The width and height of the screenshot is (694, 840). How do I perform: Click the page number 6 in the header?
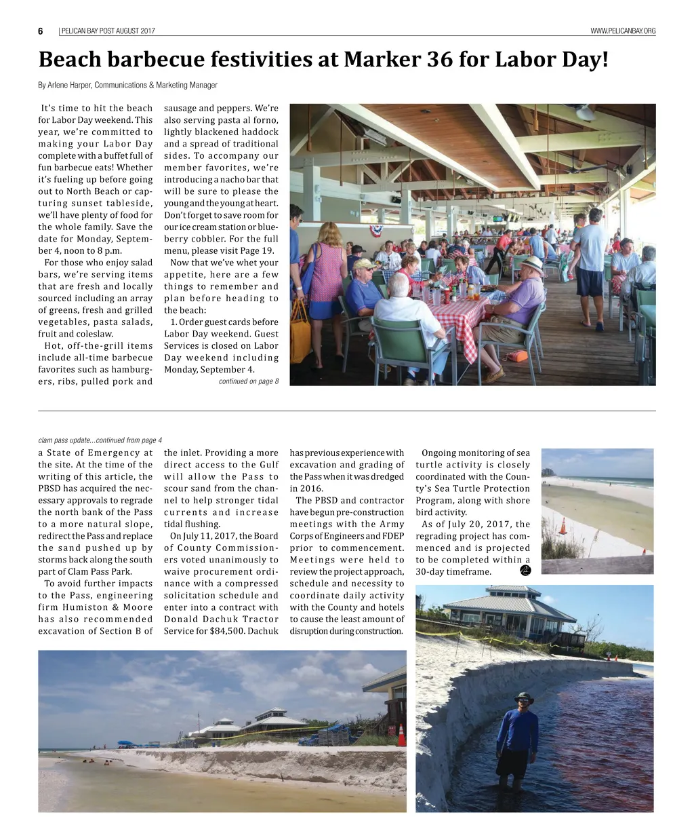(x=41, y=31)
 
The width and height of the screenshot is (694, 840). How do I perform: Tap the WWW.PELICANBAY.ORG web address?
(x=623, y=31)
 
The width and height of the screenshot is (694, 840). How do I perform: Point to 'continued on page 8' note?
(x=248, y=381)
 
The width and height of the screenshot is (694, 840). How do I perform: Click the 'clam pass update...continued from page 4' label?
(x=100, y=440)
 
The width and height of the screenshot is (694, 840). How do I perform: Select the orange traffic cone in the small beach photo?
(x=562, y=526)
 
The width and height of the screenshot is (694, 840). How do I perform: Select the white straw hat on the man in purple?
(x=532, y=264)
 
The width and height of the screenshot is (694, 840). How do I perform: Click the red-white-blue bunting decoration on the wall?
(x=375, y=231)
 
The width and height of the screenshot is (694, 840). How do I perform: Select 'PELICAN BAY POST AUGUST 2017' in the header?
(x=108, y=31)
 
